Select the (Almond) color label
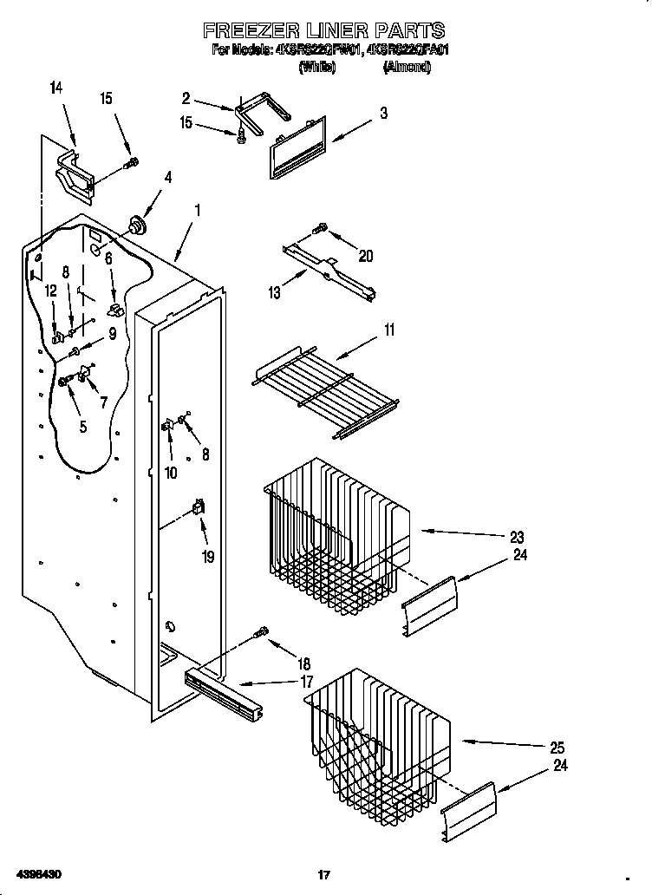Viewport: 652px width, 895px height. point(407,67)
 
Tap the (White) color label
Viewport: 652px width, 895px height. point(317,67)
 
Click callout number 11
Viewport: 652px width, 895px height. point(389,330)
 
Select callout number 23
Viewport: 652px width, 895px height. point(518,535)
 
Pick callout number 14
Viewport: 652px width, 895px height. point(57,87)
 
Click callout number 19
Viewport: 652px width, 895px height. point(207,557)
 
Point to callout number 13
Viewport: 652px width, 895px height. point(275,293)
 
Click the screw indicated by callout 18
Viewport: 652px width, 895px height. point(261,635)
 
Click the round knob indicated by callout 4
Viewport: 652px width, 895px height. point(136,225)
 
